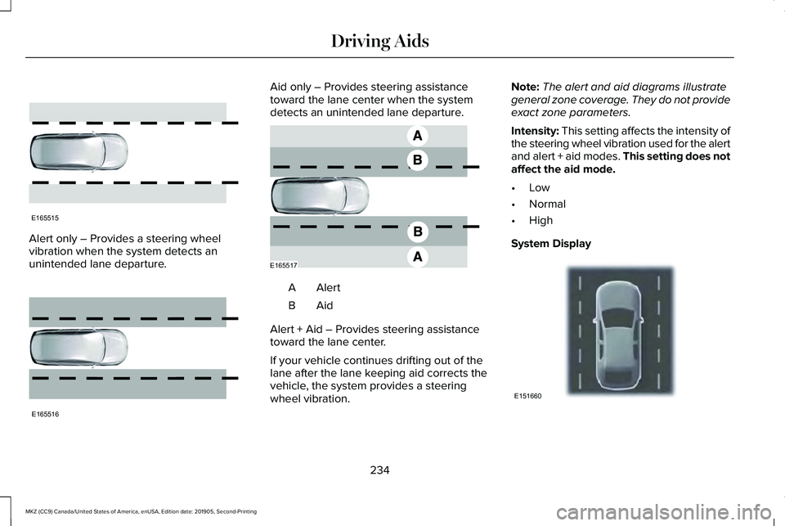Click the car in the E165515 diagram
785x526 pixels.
78,153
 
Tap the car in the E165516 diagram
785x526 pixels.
78,348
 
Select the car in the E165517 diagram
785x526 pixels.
320,196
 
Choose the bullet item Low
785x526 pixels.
539,187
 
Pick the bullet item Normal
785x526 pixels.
547,204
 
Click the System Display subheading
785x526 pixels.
550,243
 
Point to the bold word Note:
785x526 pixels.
524,86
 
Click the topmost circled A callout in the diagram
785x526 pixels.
416,134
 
